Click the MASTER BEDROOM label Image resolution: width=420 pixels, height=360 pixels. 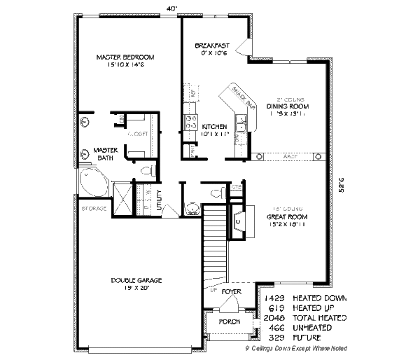125,57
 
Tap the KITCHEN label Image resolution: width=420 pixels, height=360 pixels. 213,126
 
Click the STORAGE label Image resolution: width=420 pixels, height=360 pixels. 94,209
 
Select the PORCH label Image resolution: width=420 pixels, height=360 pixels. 229,321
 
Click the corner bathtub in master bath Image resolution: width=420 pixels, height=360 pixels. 92,181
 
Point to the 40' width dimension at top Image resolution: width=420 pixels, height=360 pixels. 172,8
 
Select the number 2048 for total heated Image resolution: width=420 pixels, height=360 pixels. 275,317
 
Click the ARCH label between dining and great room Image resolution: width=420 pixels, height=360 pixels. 288,155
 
